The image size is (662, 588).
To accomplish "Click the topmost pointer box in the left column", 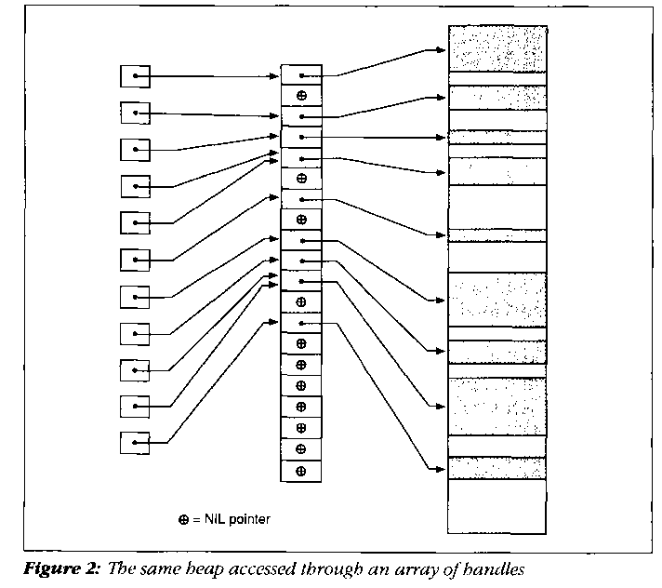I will pyautogui.click(x=135, y=75).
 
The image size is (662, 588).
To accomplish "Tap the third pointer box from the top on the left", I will pyautogui.click(x=135, y=149).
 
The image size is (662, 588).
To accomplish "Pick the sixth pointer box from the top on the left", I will pyautogui.click(x=135, y=260).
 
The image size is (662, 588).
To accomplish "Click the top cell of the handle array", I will pyautogui.click(x=301, y=74).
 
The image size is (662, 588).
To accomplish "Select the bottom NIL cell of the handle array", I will pyautogui.click(x=301, y=471).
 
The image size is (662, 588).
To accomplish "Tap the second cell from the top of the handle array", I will pyautogui.click(x=301, y=96).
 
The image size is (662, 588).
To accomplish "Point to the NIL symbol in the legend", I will pyautogui.click(x=185, y=519).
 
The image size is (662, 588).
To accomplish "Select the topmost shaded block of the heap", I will pyautogui.click(x=497, y=48).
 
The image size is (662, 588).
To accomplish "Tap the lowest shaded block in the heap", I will pyautogui.click(x=497, y=468).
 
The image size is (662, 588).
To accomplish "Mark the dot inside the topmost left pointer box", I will pyautogui.click(x=137, y=75).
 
